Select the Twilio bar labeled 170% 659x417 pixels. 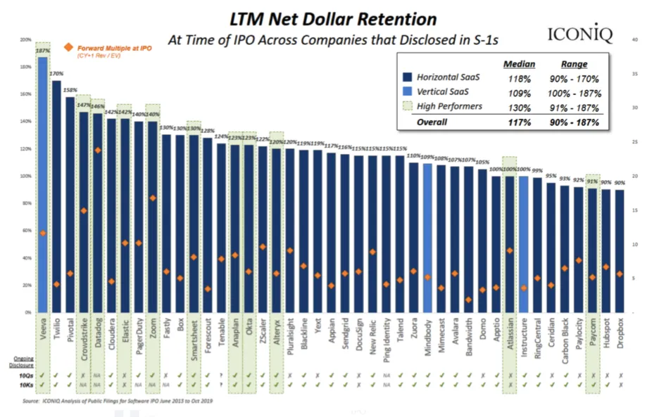point(56,196)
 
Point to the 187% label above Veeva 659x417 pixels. point(42,51)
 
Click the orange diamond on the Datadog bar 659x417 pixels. point(98,150)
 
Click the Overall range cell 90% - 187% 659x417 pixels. point(575,122)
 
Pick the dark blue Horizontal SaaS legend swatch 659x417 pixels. point(407,77)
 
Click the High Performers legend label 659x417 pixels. point(449,107)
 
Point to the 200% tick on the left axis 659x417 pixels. point(25,40)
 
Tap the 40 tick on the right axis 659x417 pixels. point(635,40)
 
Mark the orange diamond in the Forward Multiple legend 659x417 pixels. point(68,47)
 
